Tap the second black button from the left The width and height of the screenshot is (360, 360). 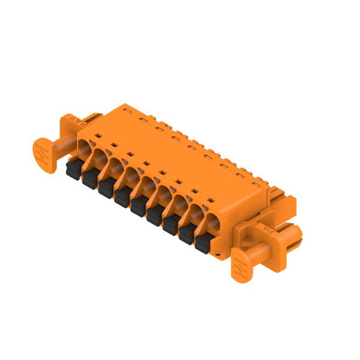[x=87, y=180]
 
